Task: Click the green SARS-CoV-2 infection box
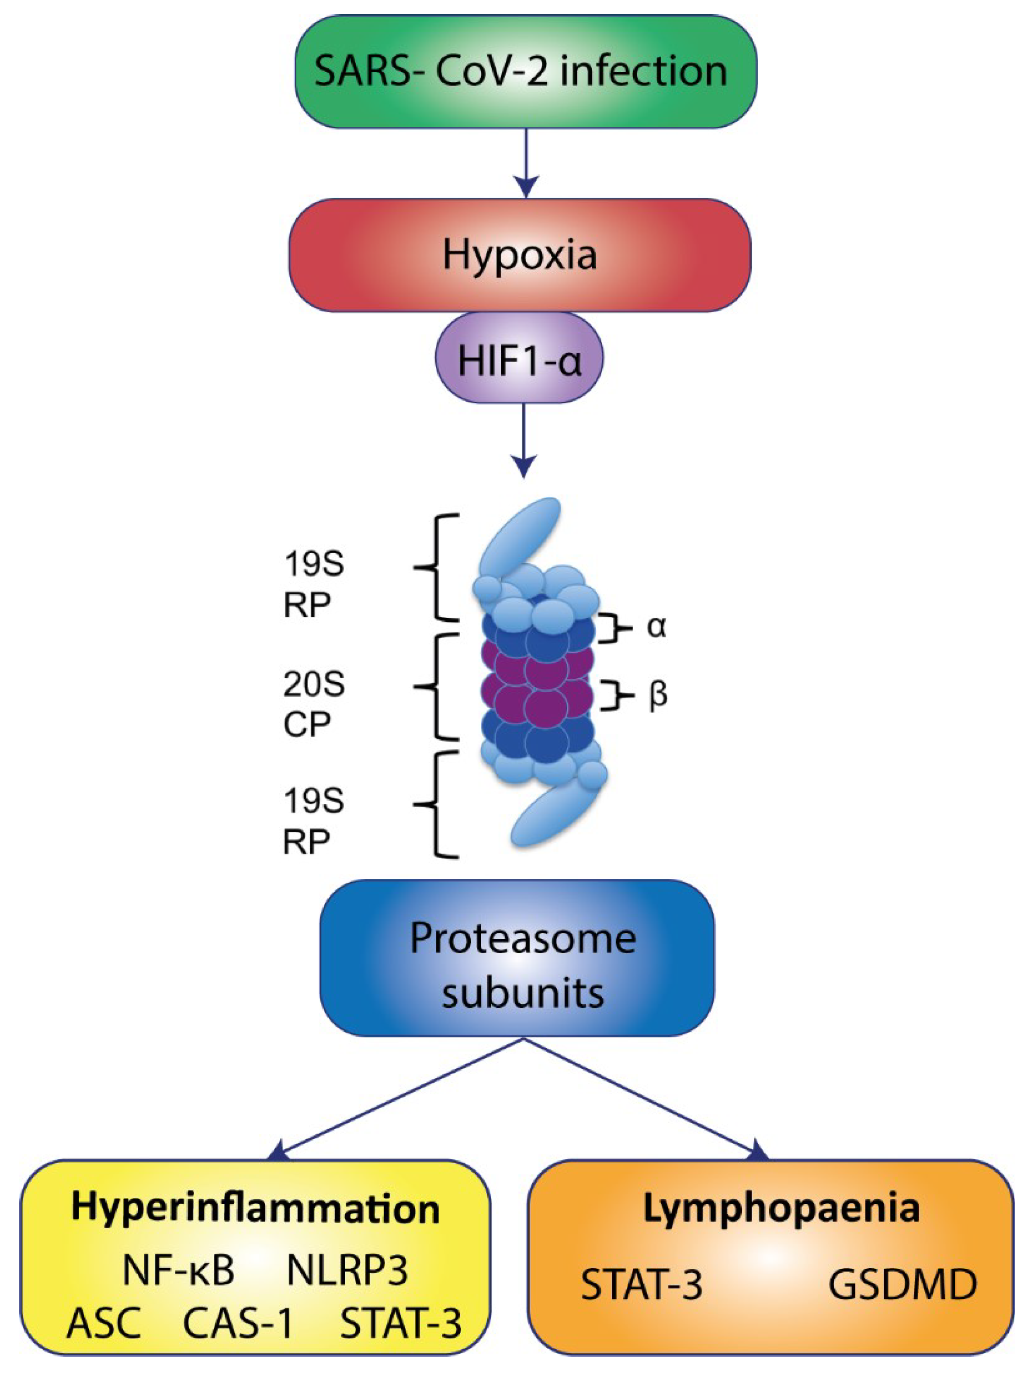[526, 71]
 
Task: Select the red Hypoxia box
[519, 254]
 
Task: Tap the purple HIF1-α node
[519, 361]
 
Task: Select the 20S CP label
[314, 704]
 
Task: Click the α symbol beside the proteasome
[657, 627]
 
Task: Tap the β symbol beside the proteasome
[657, 695]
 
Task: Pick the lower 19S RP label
[314, 821]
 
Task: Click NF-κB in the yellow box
[179, 1270]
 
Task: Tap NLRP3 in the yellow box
[347, 1270]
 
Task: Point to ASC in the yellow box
[104, 1323]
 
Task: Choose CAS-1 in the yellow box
[238, 1323]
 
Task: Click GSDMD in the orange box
[902, 1284]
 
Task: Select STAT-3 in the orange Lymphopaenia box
[641, 1284]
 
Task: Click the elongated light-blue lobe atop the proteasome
[521, 538]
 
